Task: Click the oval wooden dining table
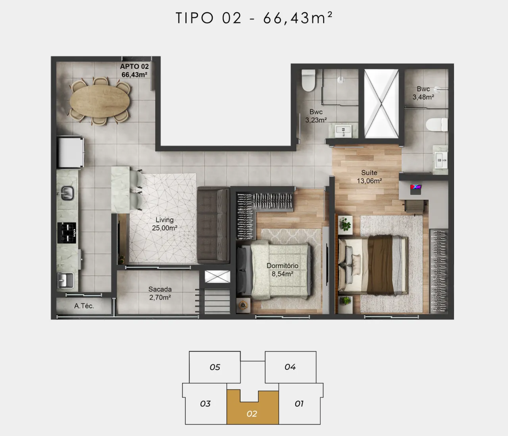[x=100, y=101]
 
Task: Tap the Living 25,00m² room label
[x=164, y=224]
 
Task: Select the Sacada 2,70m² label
[x=160, y=293]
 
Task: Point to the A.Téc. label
[x=84, y=306]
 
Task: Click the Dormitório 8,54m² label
[x=283, y=270]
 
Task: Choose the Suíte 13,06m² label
[x=369, y=177]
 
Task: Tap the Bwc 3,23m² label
[x=316, y=116]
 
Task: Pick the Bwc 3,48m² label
[x=423, y=93]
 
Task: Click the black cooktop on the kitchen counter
[x=67, y=233]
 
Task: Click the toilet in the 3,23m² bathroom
[x=308, y=80]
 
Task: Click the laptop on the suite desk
[x=416, y=189]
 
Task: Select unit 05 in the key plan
[x=215, y=367]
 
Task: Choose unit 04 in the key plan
[x=290, y=367]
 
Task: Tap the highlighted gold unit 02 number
[x=252, y=414]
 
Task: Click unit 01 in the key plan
[x=299, y=403]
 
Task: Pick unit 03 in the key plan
[x=205, y=403]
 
